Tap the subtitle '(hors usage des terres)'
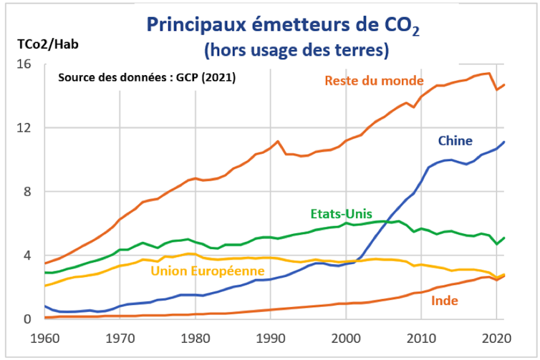(296, 51)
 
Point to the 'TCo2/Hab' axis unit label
(48, 44)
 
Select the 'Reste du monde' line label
(375, 80)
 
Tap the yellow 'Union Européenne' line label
(208, 271)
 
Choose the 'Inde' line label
(445, 301)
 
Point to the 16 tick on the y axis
(26, 64)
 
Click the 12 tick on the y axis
(26, 127)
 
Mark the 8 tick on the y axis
(30, 191)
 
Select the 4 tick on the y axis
(30, 256)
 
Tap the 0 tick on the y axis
(30, 319)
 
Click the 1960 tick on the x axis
(45, 337)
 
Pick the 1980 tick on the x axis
(196, 337)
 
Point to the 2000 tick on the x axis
(347, 337)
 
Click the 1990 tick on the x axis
(271, 337)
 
